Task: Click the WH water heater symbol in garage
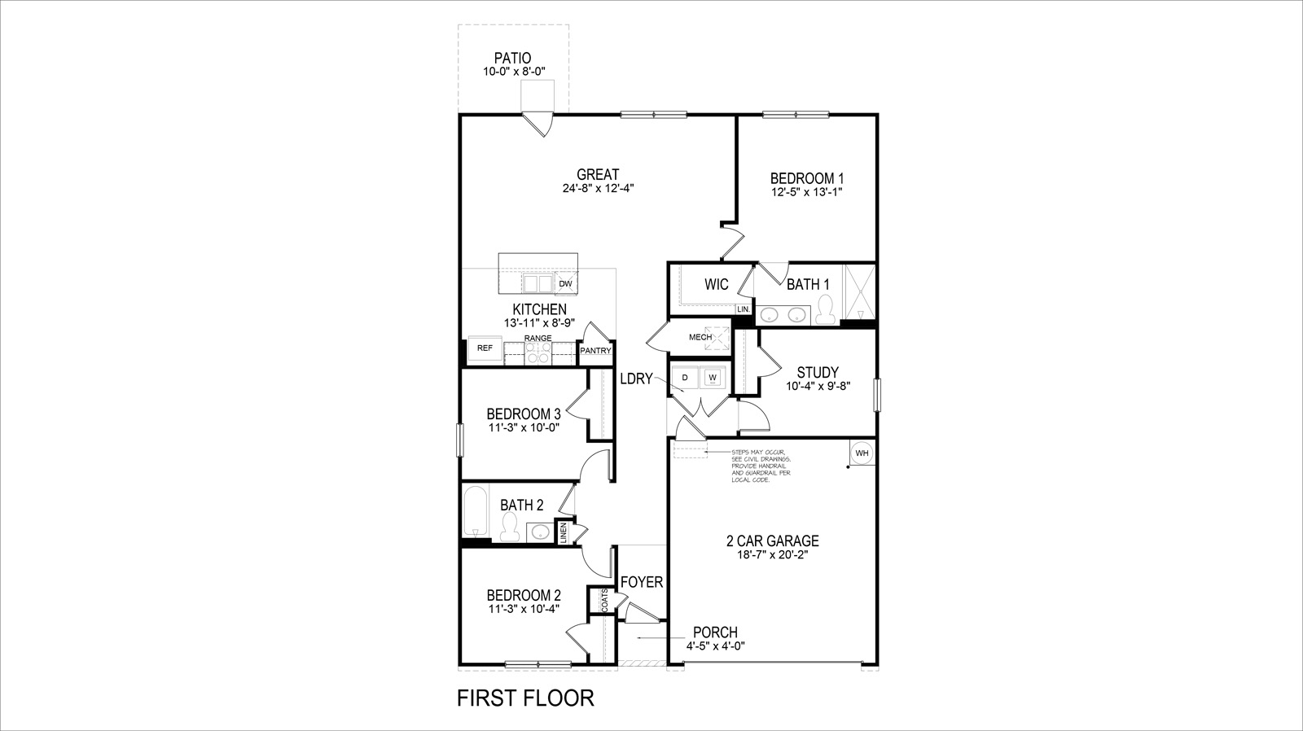tap(862, 453)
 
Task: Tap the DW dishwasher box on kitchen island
tap(566, 283)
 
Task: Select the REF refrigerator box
tap(485, 348)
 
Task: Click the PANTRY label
tap(595, 351)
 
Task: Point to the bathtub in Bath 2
tap(472, 510)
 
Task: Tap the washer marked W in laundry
tap(713, 378)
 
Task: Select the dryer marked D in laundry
tap(685, 378)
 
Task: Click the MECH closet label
tap(700, 336)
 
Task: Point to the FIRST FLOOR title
tap(525, 698)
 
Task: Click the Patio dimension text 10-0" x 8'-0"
tap(513, 72)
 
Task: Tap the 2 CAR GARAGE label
tap(772, 541)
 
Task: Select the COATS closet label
tap(605, 602)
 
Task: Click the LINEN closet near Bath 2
tap(563, 532)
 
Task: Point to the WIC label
tap(716, 284)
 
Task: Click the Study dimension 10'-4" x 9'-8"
tap(818, 387)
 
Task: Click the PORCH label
tap(715, 633)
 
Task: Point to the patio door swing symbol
tap(538, 123)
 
